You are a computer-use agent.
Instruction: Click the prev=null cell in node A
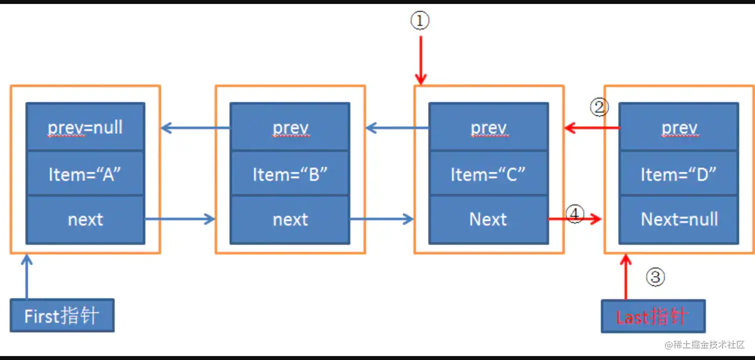(85, 127)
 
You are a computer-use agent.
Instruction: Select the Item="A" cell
(85, 174)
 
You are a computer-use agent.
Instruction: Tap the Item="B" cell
(290, 174)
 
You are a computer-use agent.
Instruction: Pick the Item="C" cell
(488, 174)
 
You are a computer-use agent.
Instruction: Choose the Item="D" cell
(679, 174)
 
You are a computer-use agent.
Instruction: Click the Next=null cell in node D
(679, 219)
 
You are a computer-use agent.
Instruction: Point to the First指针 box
(62, 316)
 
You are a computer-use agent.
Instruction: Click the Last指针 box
(653, 317)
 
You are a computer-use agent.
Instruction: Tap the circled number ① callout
(420, 21)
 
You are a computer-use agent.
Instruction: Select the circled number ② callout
(599, 106)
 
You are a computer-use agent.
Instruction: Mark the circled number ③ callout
(656, 277)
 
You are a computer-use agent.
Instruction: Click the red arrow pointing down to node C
(420, 60)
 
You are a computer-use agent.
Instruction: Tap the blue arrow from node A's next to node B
(180, 219)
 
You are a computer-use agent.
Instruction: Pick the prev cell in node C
(488, 127)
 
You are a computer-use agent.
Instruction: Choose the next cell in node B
(290, 219)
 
